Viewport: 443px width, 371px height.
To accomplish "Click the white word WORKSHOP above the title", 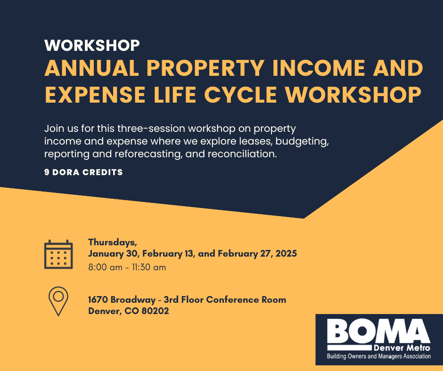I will click(92, 45).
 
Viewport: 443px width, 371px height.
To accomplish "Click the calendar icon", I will click(58, 254).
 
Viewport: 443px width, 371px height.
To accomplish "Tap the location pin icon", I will click(58, 301).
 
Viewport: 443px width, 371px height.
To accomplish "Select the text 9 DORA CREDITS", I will click(83, 172).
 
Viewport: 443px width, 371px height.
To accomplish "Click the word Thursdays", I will click(113, 242).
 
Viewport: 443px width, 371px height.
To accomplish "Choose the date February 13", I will click(168, 254).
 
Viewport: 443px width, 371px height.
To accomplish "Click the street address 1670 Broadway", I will click(122, 299).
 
